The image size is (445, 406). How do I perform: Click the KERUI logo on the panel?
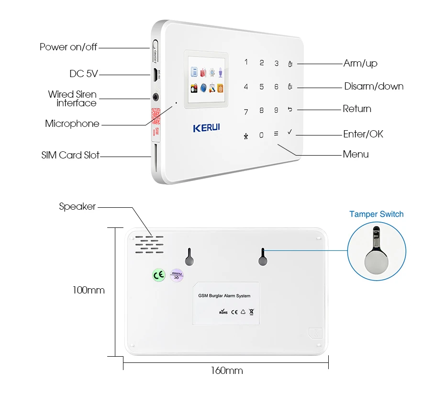click(207, 128)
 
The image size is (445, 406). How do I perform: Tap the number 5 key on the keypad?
click(261, 87)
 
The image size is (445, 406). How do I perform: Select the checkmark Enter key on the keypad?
click(289, 132)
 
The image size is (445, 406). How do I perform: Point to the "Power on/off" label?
click(68, 47)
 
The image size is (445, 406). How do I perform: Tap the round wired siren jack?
click(156, 97)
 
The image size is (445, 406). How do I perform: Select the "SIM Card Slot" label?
click(70, 155)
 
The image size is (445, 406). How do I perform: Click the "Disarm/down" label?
click(374, 86)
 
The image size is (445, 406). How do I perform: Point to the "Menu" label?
click(356, 154)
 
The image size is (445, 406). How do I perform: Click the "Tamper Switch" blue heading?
click(376, 214)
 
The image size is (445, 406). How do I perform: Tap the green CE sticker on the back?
click(158, 275)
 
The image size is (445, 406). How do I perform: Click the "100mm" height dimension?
click(89, 290)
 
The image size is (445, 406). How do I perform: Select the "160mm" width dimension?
click(227, 371)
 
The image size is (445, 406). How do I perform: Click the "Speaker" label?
click(77, 206)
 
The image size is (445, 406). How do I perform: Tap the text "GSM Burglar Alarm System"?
click(224, 296)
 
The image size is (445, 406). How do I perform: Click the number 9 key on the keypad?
click(276, 111)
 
